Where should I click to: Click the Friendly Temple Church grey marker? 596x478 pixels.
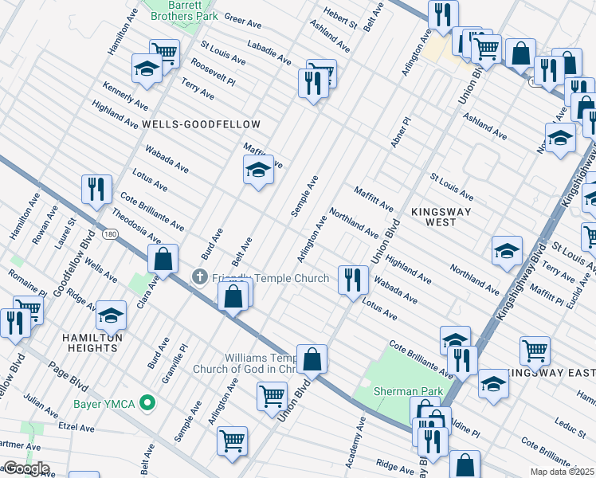pyautogui.click(x=200, y=277)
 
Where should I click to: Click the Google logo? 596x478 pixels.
pyautogui.click(x=25, y=468)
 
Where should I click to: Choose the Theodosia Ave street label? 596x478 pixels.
pyautogui.click(x=136, y=226)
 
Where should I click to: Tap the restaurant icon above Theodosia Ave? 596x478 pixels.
pyautogui.click(x=96, y=189)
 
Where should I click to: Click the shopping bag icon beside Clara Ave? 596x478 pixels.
pyautogui.click(x=163, y=259)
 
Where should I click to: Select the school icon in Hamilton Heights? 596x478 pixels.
pyautogui.click(x=112, y=314)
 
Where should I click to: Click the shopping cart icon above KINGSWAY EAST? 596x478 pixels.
pyautogui.click(x=535, y=349)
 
